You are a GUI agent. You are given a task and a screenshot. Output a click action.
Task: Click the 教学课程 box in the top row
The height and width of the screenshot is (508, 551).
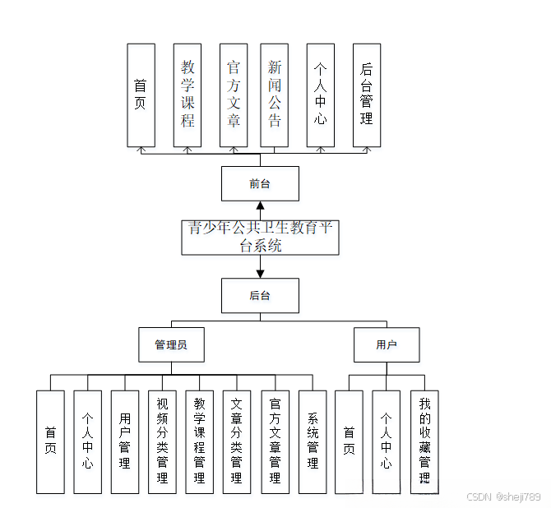coord(188,95)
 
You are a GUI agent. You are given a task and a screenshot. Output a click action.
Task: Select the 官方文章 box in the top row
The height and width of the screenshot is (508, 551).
coord(234,95)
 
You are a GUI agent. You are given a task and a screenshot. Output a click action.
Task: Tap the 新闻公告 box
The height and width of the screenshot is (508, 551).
coord(275,95)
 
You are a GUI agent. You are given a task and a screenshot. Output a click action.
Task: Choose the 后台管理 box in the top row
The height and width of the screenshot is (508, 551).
coord(367,95)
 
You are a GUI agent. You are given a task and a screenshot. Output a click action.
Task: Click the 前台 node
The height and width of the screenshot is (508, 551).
coord(260,184)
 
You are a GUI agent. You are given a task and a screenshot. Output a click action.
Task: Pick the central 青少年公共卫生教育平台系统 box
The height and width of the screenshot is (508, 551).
coord(260,237)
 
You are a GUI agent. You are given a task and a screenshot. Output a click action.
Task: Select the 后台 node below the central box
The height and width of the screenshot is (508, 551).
coord(260,296)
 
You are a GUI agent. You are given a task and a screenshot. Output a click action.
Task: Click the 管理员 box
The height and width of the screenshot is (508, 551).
coord(171,345)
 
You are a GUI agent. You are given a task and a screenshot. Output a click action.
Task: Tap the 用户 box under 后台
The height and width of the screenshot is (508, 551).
coord(387,345)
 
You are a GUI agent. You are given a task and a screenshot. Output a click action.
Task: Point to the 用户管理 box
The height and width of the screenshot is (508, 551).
coord(125,441)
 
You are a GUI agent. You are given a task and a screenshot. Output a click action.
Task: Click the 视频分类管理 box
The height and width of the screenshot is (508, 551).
coord(162,441)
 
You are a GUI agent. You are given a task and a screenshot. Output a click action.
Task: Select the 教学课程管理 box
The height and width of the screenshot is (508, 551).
coord(200,441)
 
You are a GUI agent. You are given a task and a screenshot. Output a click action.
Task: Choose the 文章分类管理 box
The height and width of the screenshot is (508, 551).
coord(237,441)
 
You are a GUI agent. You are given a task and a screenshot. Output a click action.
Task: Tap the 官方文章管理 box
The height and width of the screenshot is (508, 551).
coord(275,441)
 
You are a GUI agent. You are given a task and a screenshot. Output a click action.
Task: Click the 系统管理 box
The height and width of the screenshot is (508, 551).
coord(313,441)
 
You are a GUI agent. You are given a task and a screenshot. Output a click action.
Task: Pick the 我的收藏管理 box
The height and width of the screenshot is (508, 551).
coord(424,441)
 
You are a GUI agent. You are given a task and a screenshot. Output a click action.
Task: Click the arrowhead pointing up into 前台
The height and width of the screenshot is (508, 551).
coord(260,206)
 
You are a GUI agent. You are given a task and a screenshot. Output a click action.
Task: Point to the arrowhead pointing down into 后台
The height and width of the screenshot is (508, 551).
coord(260,272)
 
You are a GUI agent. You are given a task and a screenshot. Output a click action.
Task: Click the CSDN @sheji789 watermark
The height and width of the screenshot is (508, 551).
coord(503,496)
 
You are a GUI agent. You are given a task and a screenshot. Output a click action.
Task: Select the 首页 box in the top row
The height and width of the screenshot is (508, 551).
coord(141,95)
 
